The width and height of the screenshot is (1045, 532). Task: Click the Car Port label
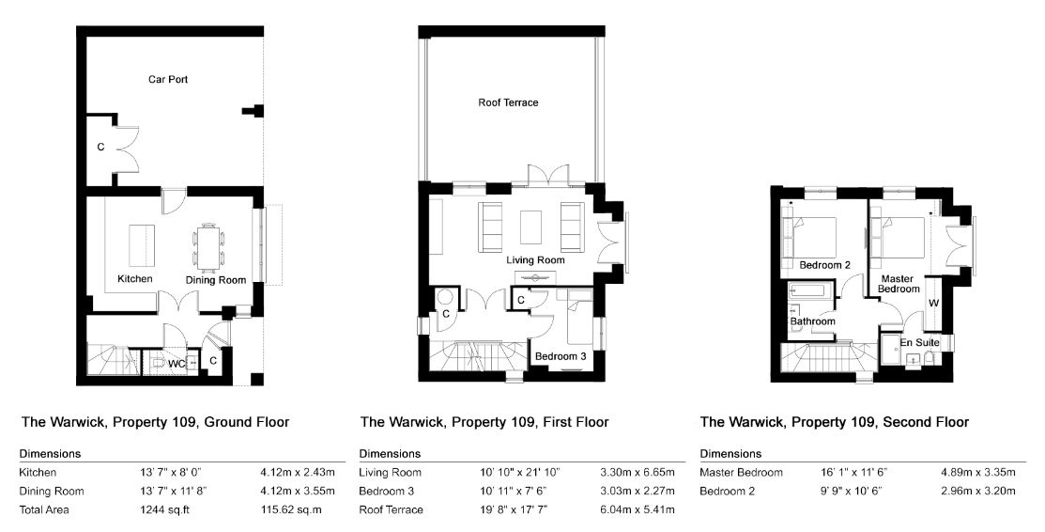[x=168, y=80]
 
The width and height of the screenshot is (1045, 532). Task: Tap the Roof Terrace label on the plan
[x=508, y=102]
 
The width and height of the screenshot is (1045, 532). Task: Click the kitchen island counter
[x=141, y=244]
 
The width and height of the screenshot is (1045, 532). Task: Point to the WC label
[x=177, y=364]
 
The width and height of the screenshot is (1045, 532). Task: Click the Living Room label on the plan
[x=535, y=259]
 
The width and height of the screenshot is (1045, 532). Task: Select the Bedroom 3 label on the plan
[x=561, y=356]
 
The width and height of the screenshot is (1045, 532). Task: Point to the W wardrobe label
[x=933, y=303]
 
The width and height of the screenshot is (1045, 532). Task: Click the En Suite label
[x=920, y=342]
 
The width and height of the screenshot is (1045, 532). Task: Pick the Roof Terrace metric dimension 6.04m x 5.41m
[x=638, y=510]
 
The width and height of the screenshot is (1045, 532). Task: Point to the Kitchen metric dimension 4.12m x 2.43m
[x=298, y=473]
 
